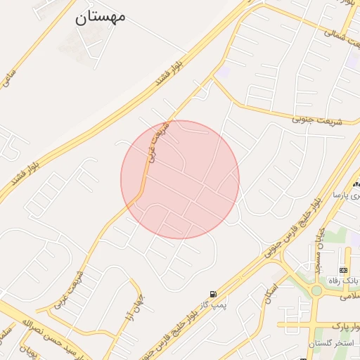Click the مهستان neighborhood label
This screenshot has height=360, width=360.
coord(100,16)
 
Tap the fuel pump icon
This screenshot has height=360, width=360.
coord(212,294)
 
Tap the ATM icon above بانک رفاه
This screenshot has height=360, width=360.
coord(342,270)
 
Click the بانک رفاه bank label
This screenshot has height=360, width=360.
coord(344,281)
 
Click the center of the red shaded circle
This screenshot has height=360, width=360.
coord(180,179)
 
